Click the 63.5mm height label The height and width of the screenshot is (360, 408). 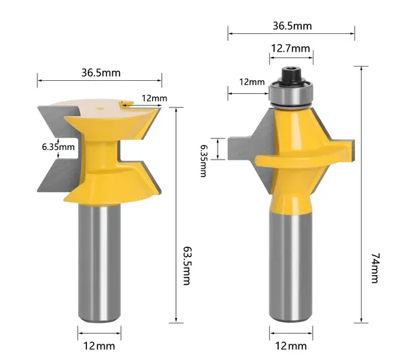[188, 266]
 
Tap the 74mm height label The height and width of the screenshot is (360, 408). [375, 268]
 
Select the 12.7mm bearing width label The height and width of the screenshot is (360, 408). [290, 48]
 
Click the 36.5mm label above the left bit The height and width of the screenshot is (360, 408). [101, 73]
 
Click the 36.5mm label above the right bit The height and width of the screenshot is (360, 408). [292, 26]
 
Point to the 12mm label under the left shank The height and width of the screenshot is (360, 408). [99, 346]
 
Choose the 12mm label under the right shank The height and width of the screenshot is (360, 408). [291, 346]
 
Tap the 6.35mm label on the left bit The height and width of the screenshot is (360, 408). [58, 147]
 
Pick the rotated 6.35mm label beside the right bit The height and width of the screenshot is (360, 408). [204, 160]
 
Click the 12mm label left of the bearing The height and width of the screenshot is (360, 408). [252, 82]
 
